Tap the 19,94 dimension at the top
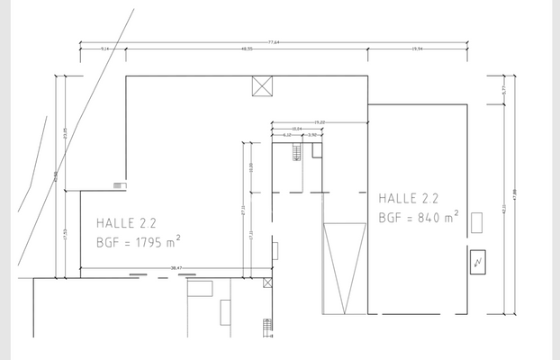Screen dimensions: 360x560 [x=418, y=49]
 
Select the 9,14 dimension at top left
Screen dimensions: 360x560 [x=104, y=49]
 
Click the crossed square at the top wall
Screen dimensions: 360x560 [x=262, y=86]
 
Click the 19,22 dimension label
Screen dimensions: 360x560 [x=319, y=121]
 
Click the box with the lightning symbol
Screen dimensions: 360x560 [x=477, y=262]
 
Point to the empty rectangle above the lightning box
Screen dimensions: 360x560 [x=478, y=222]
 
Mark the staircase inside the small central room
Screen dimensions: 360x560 [x=294, y=155]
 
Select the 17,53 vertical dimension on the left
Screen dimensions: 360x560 [x=65, y=232]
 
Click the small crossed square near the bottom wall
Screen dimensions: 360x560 [x=266, y=283]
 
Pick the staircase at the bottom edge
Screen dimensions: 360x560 [x=266, y=326]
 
